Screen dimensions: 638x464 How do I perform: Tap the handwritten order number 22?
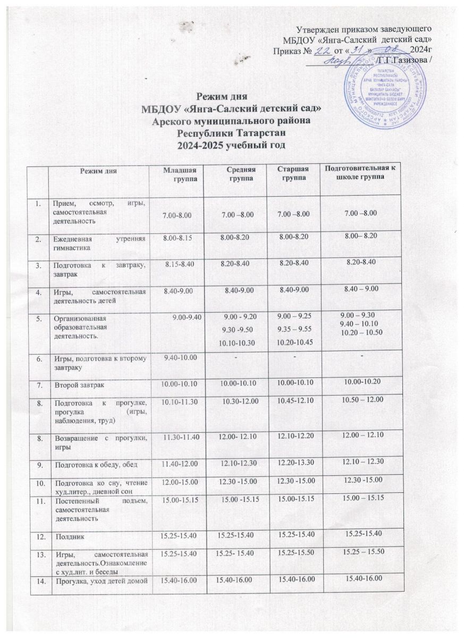321,49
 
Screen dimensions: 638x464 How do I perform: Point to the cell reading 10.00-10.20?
360,383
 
